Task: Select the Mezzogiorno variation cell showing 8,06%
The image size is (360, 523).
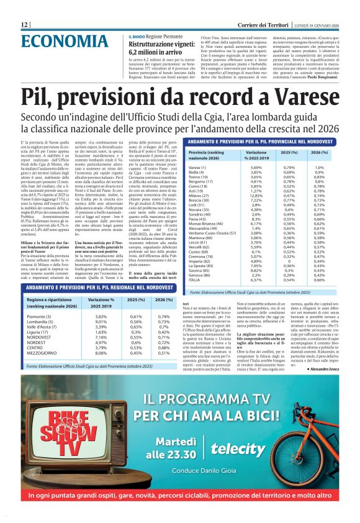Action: coord(101,353)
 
